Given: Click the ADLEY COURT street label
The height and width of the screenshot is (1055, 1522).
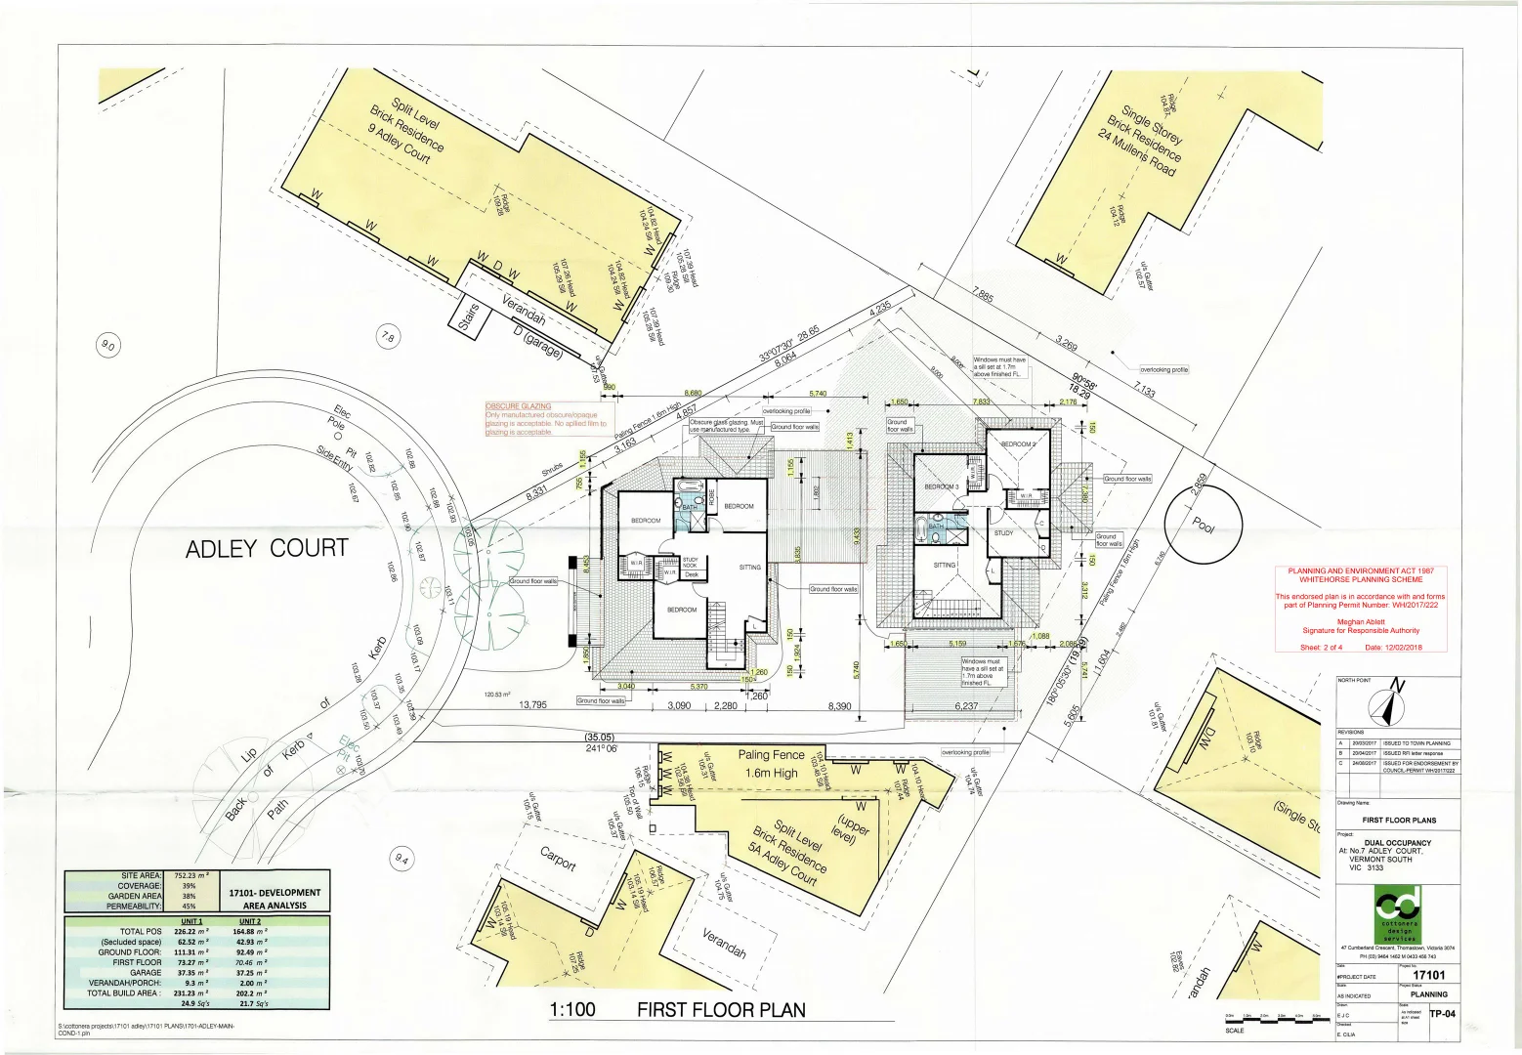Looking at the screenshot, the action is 267,549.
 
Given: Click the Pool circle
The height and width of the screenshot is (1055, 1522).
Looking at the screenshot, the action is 1205,526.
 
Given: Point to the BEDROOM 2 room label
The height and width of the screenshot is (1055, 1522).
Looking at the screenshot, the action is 1018,444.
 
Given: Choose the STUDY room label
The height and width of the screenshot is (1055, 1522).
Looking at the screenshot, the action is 1003,533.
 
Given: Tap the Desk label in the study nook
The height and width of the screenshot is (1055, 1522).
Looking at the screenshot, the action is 691,574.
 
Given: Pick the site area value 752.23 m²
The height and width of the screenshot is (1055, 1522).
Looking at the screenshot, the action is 191,876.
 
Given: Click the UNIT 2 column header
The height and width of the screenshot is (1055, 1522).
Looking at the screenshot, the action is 250,921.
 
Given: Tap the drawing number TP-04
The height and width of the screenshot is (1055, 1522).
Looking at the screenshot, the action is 1443,1013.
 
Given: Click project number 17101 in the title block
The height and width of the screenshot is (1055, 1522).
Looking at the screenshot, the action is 1428,975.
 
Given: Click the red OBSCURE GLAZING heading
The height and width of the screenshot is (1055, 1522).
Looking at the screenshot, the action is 518,406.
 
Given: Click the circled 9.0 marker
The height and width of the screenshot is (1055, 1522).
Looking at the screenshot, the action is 107,346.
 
